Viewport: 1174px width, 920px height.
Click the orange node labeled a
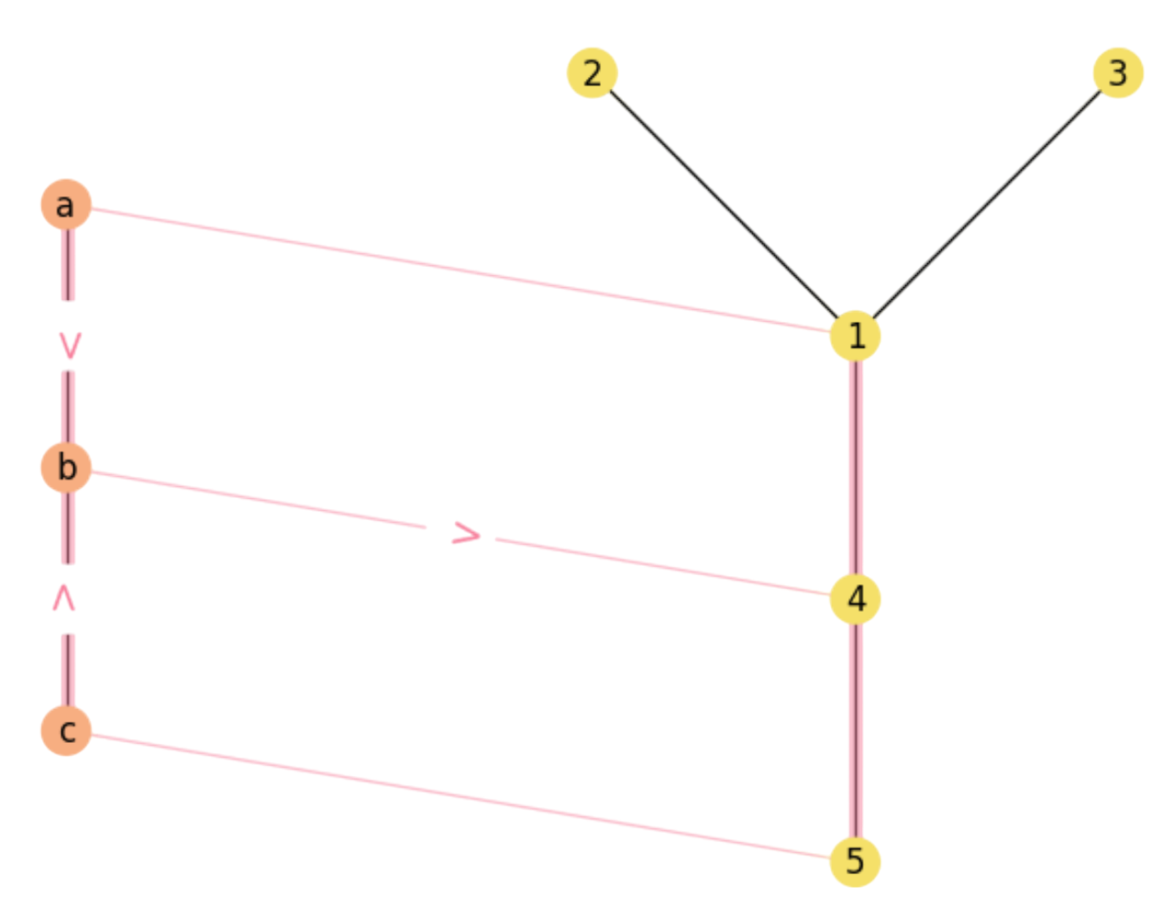[x=65, y=205]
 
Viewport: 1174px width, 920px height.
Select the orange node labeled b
[x=65, y=467]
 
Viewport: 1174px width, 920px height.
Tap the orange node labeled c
[x=65, y=730]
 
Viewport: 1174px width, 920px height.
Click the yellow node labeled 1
[x=855, y=336]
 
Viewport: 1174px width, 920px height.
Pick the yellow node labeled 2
[x=593, y=73]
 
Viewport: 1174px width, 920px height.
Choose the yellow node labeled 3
[x=1118, y=73]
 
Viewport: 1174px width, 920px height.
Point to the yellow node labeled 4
[x=855, y=599]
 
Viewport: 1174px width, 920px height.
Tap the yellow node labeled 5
[x=855, y=861]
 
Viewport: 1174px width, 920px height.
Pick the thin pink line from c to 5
[x=459, y=795]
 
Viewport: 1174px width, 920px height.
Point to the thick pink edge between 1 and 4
[x=855, y=468]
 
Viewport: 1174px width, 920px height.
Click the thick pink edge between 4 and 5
[x=855, y=730]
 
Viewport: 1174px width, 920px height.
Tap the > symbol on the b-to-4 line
[x=466, y=534]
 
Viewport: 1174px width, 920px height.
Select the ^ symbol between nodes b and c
[x=63, y=599]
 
